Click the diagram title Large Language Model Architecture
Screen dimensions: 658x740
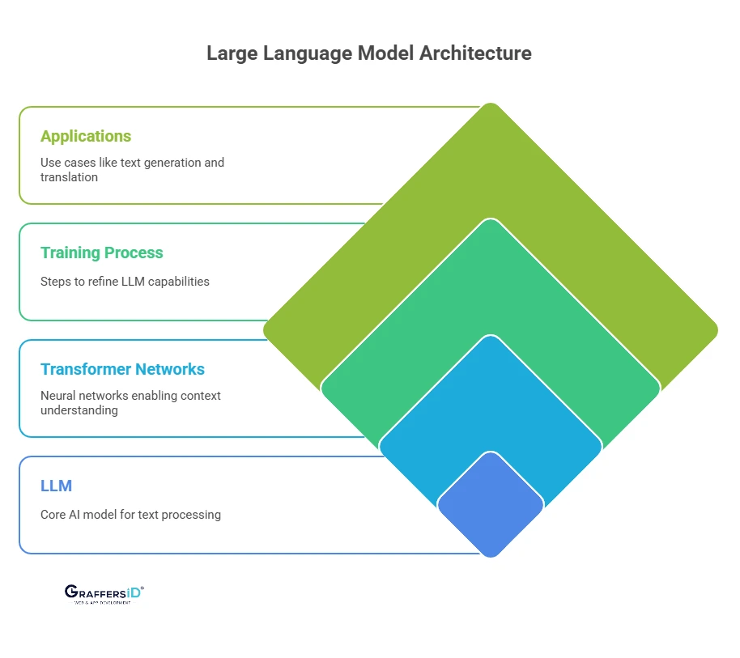click(369, 53)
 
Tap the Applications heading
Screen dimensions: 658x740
click(86, 136)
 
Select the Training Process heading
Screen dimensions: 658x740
click(102, 253)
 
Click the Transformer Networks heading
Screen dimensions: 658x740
click(122, 369)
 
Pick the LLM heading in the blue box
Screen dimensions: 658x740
click(56, 486)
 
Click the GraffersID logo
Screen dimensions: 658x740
click(104, 593)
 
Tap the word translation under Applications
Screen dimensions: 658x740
click(69, 176)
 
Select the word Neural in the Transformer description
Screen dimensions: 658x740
click(59, 396)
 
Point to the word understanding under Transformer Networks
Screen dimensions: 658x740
click(79, 410)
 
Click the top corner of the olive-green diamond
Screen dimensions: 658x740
click(491, 106)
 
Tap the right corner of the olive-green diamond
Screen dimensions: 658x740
click(715, 330)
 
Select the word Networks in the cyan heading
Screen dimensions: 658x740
click(169, 369)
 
